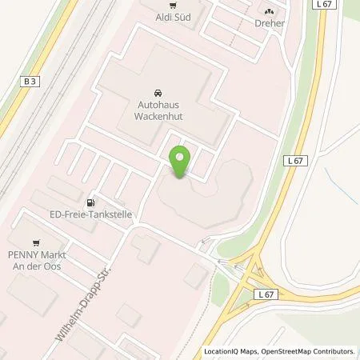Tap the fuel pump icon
[x=90, y=202]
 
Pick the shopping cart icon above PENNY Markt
[x=35, y=242]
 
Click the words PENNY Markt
[x=36, y=254]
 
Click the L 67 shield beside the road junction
[x=266, y=295]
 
